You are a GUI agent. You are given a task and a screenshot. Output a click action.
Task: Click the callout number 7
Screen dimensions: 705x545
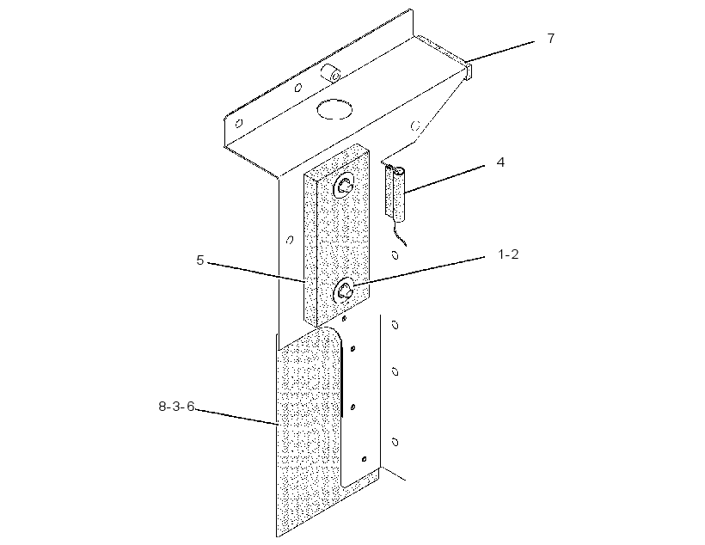551,38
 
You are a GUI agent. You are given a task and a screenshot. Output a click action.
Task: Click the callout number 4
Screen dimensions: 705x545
500,162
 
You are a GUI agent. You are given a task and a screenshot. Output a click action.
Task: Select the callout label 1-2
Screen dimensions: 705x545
508,254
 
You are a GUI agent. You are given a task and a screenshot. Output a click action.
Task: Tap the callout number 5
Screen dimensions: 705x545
200,260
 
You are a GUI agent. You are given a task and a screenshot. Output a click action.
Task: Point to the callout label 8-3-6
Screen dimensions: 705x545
177,407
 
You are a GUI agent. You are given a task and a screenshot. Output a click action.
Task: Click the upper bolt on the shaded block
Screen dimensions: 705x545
344,185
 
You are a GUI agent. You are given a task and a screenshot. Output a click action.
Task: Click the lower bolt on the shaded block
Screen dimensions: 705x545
345,291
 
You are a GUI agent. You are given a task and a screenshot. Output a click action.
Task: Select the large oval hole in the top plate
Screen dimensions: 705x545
334,109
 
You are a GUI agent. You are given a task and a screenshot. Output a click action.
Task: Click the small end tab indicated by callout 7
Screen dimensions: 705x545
468,71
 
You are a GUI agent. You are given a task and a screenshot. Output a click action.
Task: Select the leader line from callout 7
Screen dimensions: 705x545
500,51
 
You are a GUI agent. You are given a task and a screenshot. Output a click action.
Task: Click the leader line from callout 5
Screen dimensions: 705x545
256,272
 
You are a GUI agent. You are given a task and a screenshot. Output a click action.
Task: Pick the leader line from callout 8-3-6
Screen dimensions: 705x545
236,417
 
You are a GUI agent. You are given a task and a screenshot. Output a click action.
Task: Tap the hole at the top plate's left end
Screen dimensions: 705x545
239,123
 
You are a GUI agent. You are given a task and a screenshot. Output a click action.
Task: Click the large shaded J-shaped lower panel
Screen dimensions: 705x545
310,432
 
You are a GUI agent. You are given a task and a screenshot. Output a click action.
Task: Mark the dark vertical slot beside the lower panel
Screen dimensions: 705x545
342,383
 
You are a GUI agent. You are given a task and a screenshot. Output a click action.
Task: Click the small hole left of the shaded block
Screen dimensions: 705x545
290,240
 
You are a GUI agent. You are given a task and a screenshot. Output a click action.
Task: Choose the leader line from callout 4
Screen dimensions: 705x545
444,179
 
